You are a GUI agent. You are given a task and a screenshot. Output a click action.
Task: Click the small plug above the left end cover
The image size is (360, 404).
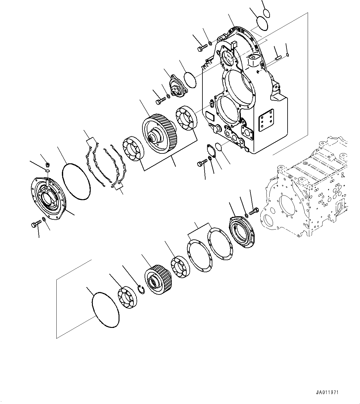coord(48,164)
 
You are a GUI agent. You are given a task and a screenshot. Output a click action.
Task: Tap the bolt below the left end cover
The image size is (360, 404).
coord(36,224)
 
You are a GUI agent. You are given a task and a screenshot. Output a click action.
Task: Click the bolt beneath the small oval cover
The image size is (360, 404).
coord(202,163)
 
